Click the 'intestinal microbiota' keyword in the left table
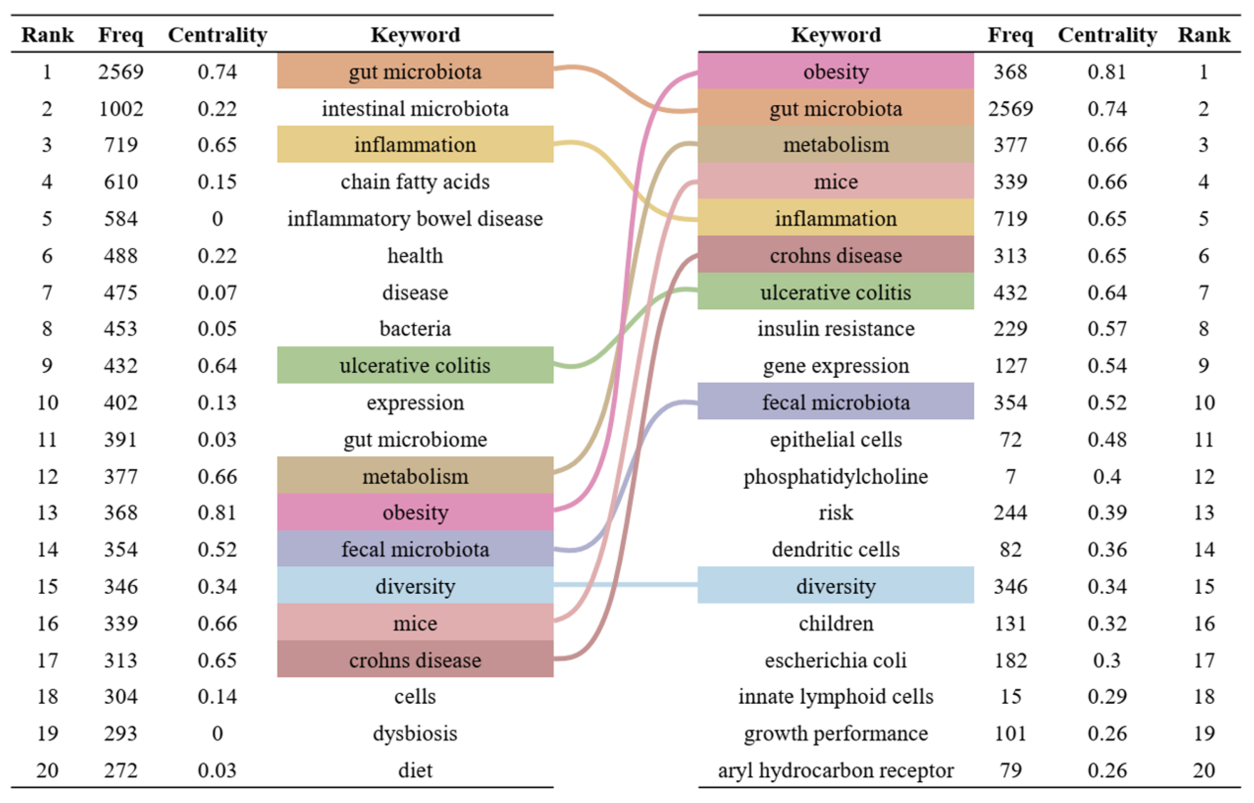coord(415,108)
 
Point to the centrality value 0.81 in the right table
coord(1106,71)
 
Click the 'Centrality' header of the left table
coord(217,35)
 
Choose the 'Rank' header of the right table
coord(1204,35)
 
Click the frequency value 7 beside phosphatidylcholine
coord(1010,476)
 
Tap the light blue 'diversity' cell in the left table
coord(415,586)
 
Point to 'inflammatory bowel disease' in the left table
coord(415,218)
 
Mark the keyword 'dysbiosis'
coord(415,733)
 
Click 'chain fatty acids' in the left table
coord(415,181)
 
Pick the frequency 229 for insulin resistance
coord(1010,328)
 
